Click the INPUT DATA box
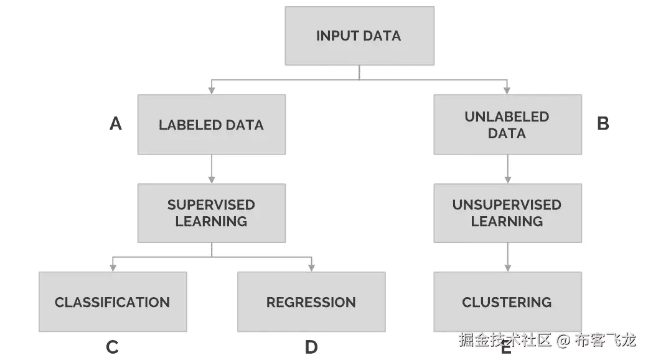point(359,36)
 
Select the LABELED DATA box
point(211,125)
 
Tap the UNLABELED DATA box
point(507,125)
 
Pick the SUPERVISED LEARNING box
point(211,213)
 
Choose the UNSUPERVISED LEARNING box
point(507,213)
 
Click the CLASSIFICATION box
point(112,302)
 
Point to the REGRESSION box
point(311,302)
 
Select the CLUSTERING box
point(507,302)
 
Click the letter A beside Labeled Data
point(116,124)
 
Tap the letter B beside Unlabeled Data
point(603,124)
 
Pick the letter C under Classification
point(113,347)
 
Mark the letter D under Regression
point(311,347)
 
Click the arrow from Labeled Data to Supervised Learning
point(212,169)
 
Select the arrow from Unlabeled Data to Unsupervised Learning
point(508,169)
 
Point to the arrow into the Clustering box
point(508,257)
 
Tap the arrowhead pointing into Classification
point(113,268)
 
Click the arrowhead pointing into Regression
point(311,268)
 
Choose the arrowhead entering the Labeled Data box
point(212,90)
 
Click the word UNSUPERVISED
point(507,205)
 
